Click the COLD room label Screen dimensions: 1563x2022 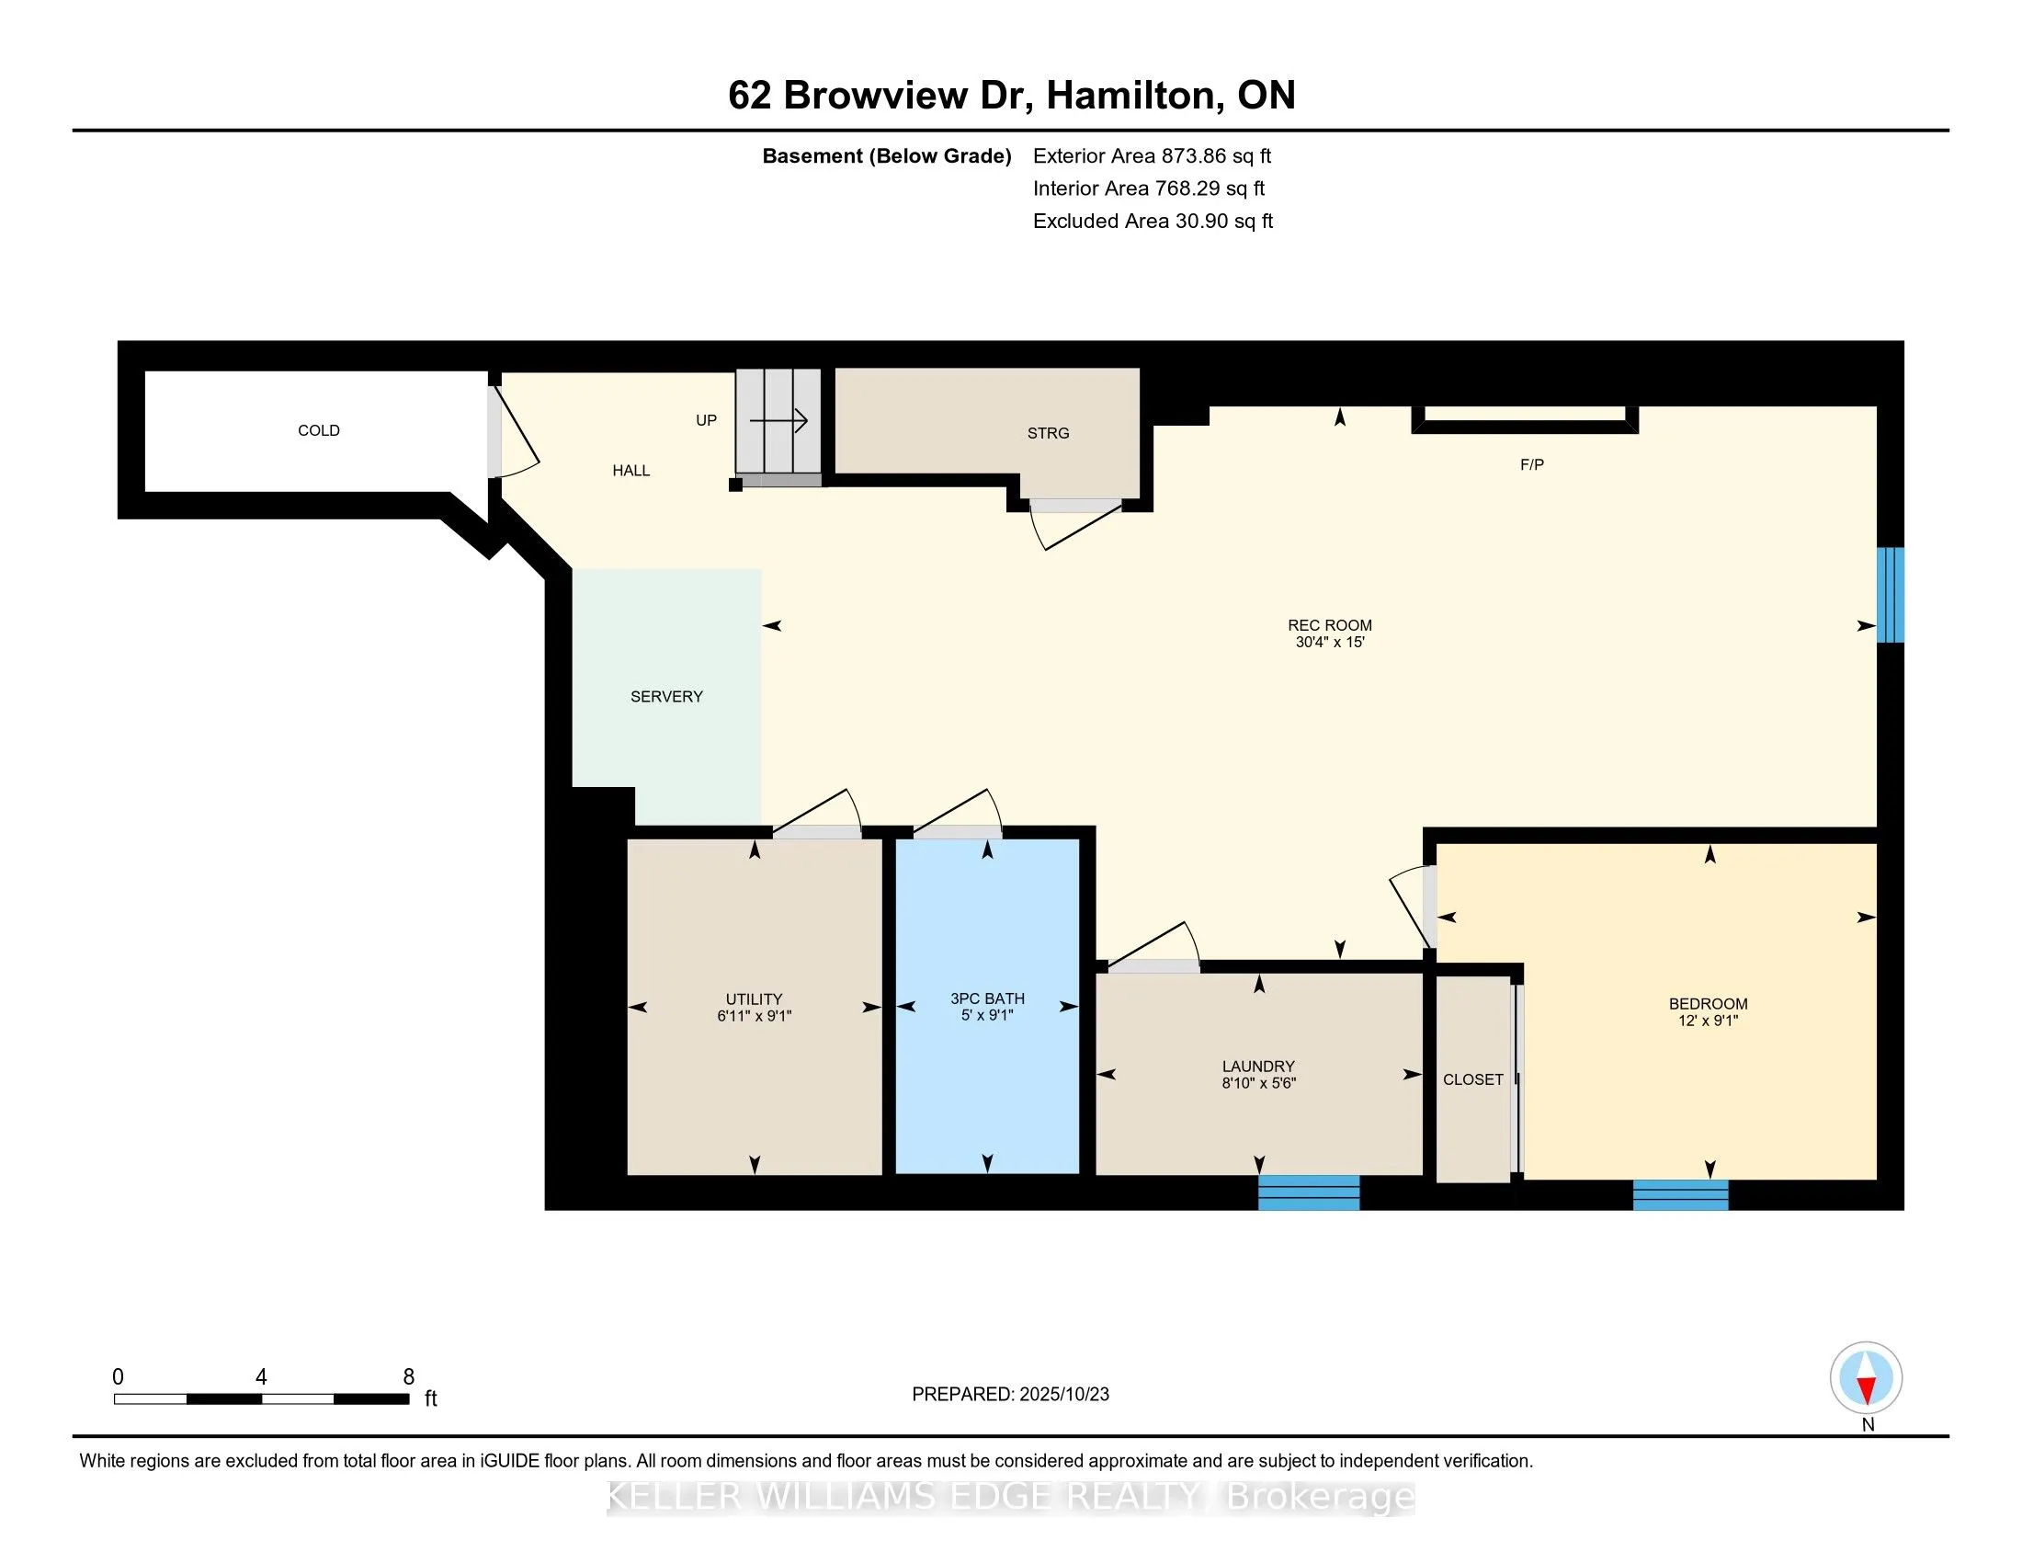click(x=319, y=430)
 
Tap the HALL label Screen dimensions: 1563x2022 click(x=630, y=471)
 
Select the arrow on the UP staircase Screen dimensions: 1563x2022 click(x=778, y=421)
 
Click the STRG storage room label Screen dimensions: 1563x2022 click(x=1047, y=433)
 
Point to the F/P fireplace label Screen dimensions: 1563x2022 click(x=1531, y=465)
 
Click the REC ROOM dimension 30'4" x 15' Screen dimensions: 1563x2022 click(x=1330, y=643)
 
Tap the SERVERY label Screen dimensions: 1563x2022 click(x=665, y=696)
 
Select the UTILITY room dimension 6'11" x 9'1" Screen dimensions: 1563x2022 click(x=754, y=1016)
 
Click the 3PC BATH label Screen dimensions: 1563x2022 click(x=987, y=998)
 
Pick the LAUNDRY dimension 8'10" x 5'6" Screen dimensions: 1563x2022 click(x=1258, y=1083)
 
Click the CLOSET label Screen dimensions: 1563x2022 click(x=1472, y=1079)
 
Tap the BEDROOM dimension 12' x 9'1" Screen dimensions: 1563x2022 click(x=1708, y=1021)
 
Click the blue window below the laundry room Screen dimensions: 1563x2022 click(x=1308, y=1192)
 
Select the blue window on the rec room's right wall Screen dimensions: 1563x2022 click(x=1890, y=595)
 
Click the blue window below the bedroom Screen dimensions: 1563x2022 click(x=1679, y=1194)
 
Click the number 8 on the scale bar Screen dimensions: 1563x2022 click(x=408, y=1377)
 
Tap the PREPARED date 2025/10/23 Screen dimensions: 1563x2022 click(x=1062, y=1395)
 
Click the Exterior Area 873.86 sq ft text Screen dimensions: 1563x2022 click(x=1152, y=156)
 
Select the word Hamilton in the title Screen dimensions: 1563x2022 click(x=1130, y=96)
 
